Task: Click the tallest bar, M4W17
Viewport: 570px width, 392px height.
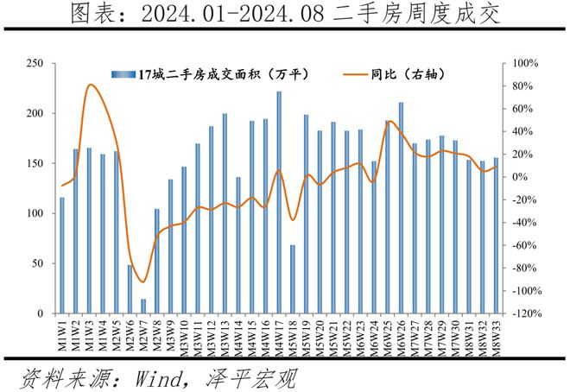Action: pos(279,202)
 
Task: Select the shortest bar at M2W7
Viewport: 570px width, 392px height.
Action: pos(143,307)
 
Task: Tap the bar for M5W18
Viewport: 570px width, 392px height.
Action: pos(293,280)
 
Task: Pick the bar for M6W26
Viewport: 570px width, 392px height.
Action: pos(401,208)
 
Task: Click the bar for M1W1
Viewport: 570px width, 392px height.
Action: pos(62,256)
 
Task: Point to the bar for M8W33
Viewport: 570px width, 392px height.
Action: pos(496,236)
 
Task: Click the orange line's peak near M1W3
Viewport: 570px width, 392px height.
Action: pos(91,85)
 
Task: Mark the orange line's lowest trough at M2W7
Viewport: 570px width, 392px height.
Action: pos(142,282)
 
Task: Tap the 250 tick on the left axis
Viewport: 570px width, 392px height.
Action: pos(35,64)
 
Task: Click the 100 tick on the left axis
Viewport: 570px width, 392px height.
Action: pos(35,213)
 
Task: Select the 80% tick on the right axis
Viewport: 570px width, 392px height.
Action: pos(522,86)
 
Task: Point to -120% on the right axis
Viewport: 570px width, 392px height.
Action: pos(527,313)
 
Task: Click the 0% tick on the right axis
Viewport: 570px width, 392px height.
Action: pos(520,177)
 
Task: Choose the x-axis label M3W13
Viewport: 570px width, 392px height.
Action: pos(225,335)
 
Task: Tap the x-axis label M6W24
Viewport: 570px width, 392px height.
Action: pos(374,335)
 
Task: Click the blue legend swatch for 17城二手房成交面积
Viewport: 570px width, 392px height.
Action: pos(123,75)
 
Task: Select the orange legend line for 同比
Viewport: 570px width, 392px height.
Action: pos(355,75)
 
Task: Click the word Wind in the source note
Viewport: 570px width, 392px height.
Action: pos(157,378)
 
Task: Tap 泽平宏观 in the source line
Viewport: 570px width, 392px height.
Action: pos(251,378)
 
